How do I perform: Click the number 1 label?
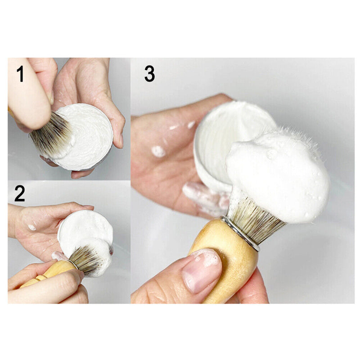[20, 74]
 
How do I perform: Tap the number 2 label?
[20, 193]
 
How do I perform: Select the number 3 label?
[149, 74]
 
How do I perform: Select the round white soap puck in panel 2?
[85, 229]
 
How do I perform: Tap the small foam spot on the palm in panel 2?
[31, 227]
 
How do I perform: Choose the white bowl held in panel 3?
[225, 135]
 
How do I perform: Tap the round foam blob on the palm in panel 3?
[158, 151]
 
